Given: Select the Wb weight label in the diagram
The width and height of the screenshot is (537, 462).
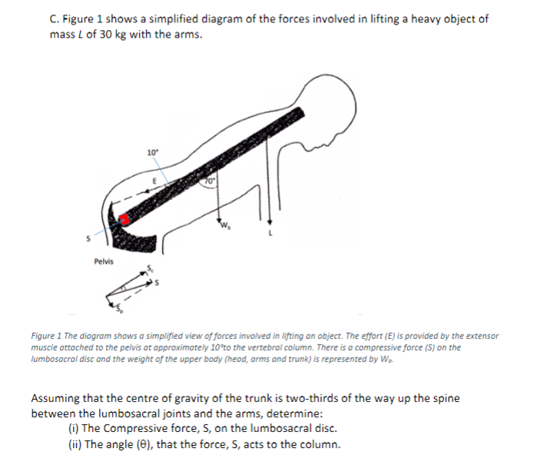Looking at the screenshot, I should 227,227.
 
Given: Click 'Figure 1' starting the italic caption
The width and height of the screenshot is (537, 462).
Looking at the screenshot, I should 48,336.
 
